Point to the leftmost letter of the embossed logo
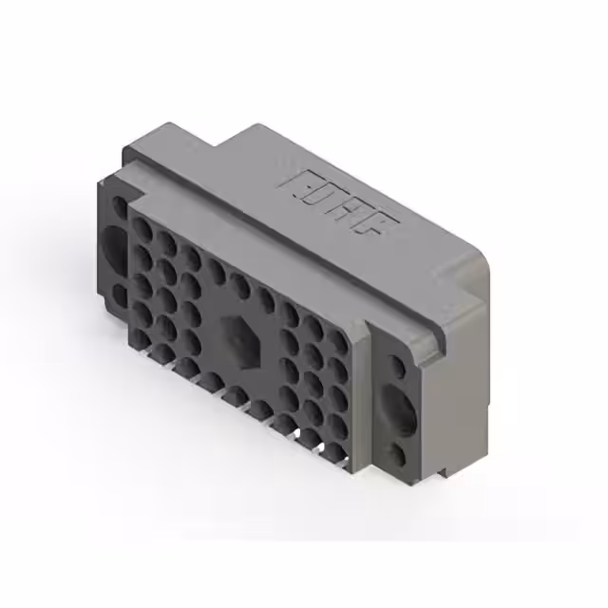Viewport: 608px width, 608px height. click(291, 178)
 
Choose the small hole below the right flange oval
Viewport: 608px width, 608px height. click(398, 456)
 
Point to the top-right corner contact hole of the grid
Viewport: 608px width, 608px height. click(334, 329)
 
